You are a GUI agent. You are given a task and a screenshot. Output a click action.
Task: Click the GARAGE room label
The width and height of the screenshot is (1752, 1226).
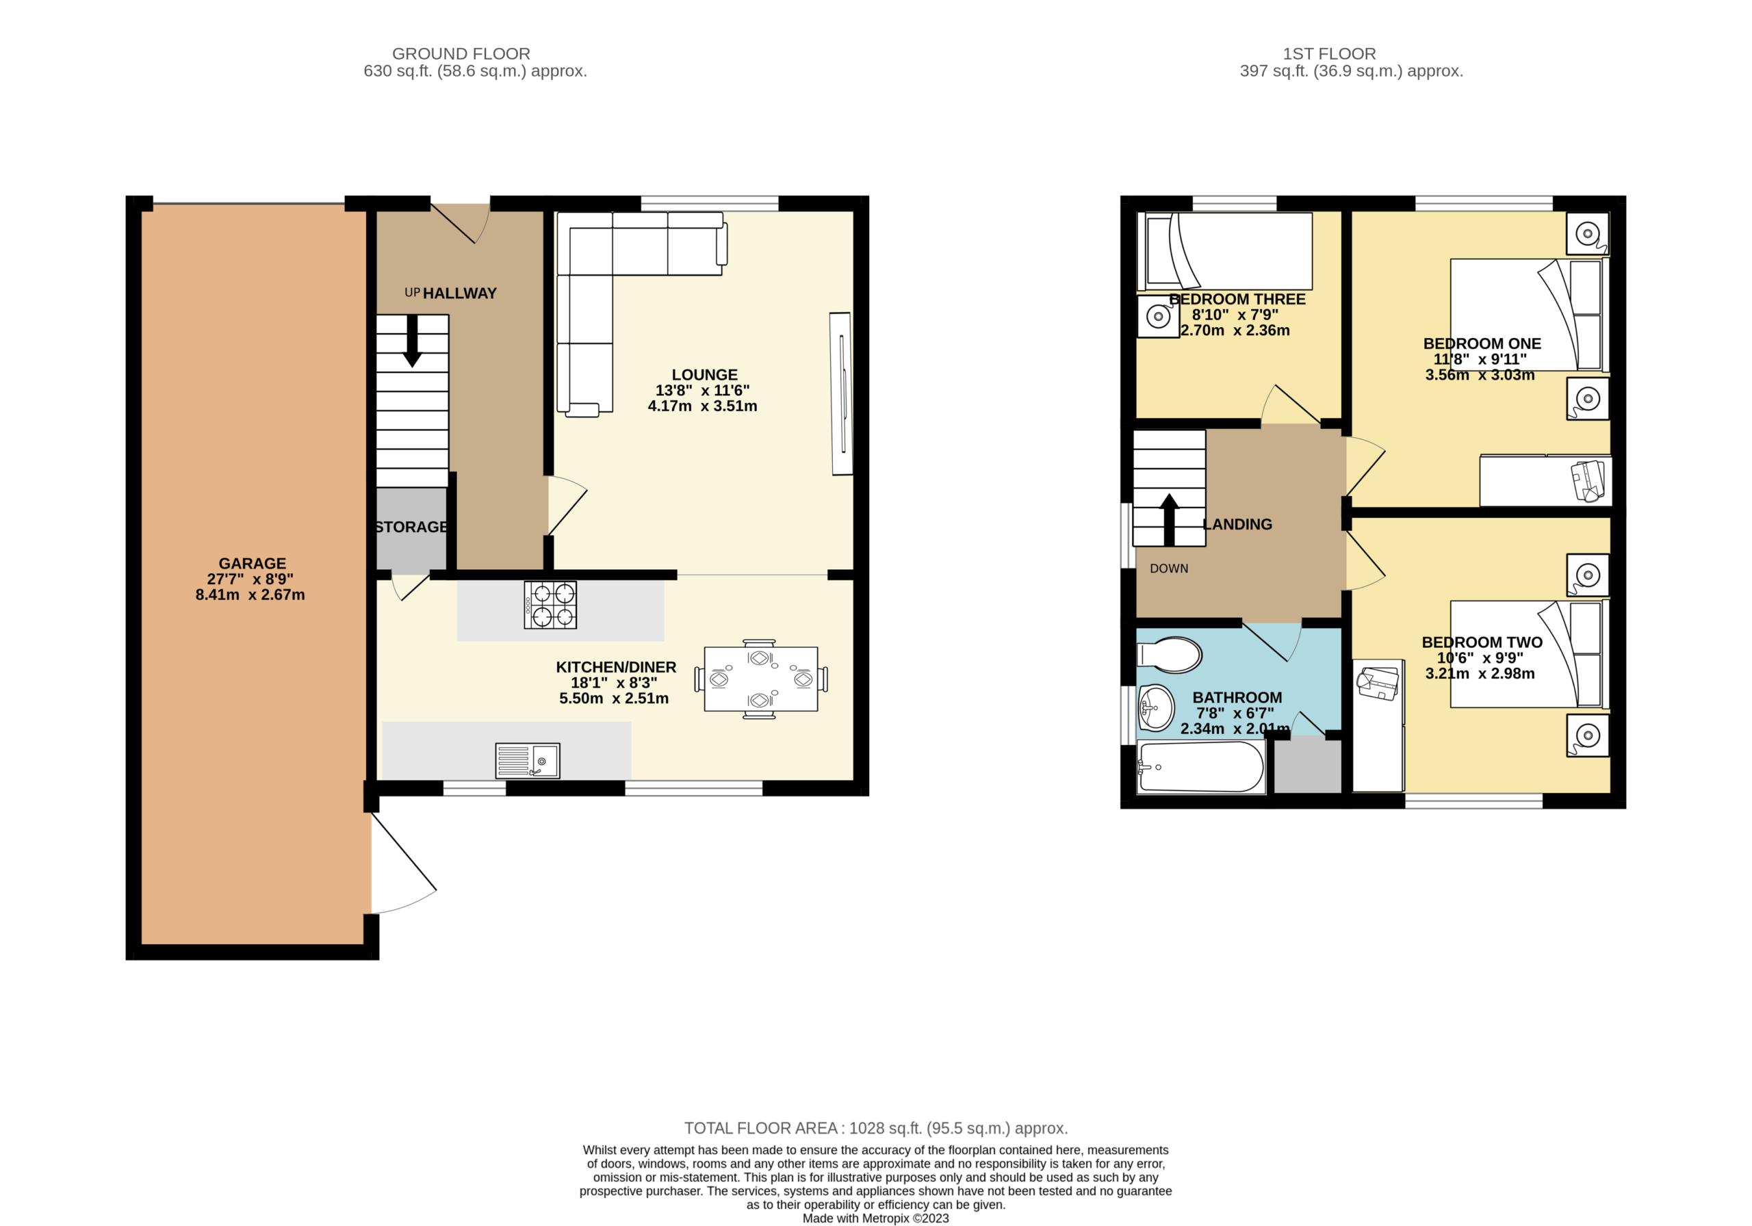tap(252, 564)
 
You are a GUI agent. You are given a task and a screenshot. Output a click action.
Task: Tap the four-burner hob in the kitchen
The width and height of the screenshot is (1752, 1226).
tap(550, 605)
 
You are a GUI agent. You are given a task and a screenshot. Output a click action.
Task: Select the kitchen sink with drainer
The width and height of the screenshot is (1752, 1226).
tap(527, 761)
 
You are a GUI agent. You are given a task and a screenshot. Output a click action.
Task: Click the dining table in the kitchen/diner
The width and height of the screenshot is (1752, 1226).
tap(761, 679)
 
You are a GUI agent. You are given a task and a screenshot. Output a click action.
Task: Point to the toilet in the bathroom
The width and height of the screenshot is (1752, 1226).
tap(1169, 655)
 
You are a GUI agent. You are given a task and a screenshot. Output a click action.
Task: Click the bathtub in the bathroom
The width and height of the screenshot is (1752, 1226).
tap(1200, 768)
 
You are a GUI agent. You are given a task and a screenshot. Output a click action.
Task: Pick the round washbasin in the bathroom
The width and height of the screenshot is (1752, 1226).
tap(1156, 708)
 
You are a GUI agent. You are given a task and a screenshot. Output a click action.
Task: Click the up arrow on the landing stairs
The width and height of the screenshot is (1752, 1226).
tap(1169, 519)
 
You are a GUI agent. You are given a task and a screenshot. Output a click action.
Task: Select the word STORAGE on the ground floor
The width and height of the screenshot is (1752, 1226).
tap(411, 527)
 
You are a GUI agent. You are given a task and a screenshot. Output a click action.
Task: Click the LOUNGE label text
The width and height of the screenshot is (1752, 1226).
tap(704, 375)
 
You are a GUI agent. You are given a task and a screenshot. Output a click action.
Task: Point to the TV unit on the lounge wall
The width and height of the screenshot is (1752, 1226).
tap(841, 393)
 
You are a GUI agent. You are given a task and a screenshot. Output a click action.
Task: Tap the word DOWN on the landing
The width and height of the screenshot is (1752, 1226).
tap(1169, 569)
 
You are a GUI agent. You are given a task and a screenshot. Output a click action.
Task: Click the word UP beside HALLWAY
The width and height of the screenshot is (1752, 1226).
tap(412, 292)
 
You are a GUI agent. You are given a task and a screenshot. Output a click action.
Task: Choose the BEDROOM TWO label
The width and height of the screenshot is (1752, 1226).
tap(1482, 642)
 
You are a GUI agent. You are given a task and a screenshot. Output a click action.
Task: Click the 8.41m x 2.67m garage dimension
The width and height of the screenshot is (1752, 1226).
tap(250, 595)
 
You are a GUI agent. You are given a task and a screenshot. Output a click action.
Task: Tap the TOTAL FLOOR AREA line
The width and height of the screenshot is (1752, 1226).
tap(876, 1127)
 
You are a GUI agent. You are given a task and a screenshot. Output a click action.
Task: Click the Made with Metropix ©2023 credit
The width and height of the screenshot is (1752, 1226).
tap(876, 1218)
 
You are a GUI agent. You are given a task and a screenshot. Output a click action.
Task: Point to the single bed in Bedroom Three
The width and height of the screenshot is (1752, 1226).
tap(1225, 251)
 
